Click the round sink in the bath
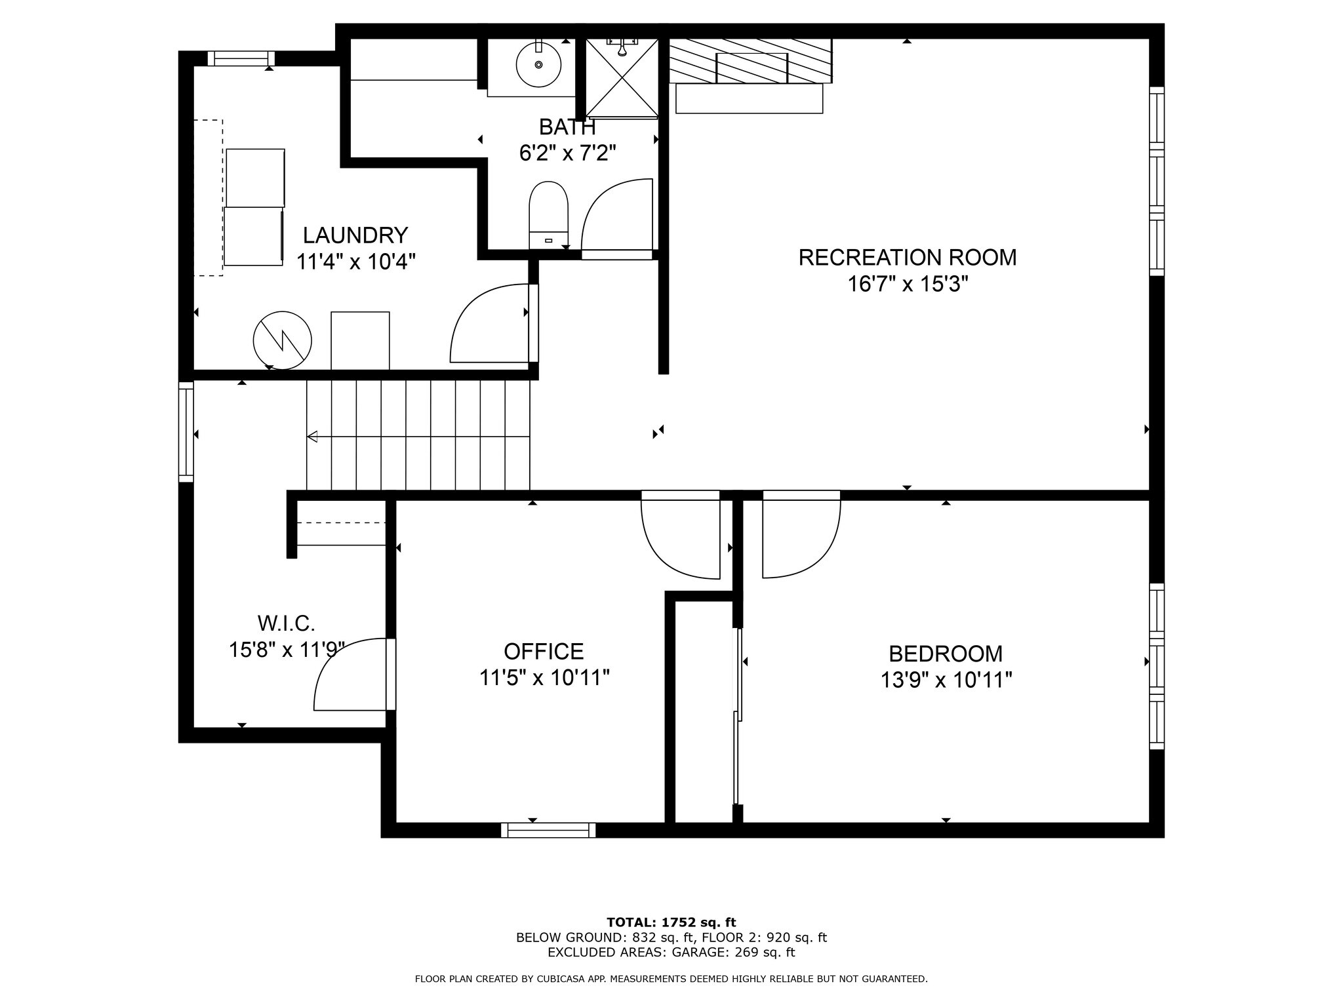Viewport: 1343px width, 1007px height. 538,64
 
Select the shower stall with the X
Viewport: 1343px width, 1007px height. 621,77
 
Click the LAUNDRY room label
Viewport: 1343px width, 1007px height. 355,235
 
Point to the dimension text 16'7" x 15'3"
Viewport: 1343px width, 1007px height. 908,285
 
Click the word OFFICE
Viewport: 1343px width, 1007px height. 544,651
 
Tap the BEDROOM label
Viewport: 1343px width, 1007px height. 946,654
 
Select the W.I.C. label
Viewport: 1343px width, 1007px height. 287,622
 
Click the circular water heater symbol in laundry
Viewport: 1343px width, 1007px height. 282,340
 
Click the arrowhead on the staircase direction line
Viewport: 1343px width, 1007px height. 312,437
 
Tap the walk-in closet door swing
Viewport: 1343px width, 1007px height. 351,675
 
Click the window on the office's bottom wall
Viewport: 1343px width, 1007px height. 548,830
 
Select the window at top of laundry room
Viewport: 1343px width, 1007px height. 241,58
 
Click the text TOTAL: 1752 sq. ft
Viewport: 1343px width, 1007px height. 671,922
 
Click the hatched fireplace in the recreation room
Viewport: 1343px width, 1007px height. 750,60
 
